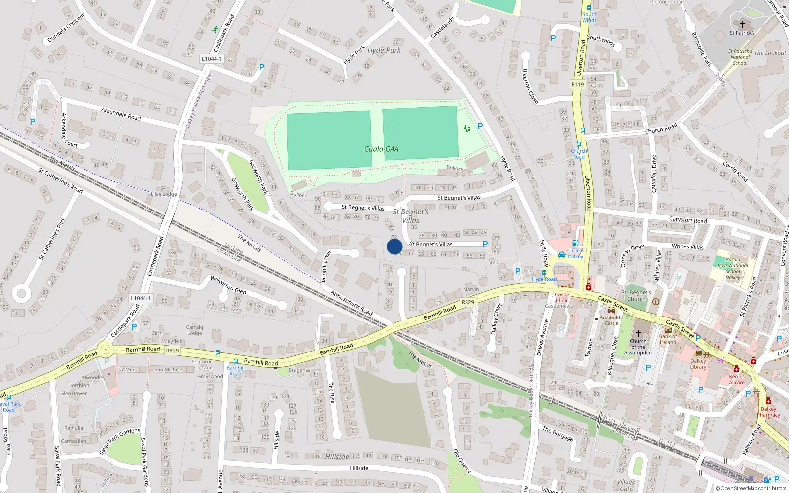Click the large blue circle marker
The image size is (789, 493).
coord(394,246)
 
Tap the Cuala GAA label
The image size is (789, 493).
coord(381,149)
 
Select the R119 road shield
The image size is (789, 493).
coord(577,84)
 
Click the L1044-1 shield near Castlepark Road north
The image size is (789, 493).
coord(212,59)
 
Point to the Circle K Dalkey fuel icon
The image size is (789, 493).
coord(574,244)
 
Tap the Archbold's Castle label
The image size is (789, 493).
coord(611,320)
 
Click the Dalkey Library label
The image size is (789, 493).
coord(698,364)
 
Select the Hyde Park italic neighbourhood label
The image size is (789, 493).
coord(384,50)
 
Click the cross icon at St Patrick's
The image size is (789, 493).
coord(742,24)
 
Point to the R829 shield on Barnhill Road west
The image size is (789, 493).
coord(172,351)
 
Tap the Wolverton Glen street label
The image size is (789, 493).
coord(228,285)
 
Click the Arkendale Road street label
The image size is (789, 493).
coord(121,114)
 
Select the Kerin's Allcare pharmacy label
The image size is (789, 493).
coord(737,379)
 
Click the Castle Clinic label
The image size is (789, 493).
coord(562,297)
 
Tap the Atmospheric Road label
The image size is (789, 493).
coord(351,303)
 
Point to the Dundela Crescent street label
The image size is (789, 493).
coord(66,28)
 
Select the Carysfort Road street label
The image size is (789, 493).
coord(687,220)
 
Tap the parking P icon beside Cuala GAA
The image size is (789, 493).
coord(480,126)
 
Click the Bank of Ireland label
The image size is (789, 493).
coord(668,339)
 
